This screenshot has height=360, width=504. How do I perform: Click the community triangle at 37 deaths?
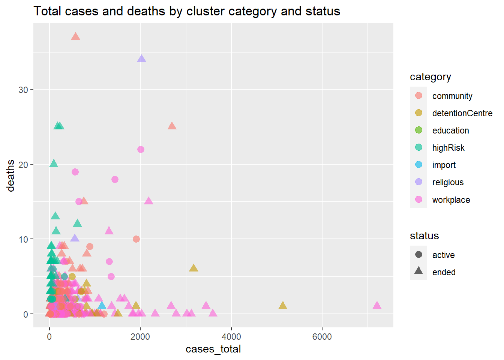point(76,36)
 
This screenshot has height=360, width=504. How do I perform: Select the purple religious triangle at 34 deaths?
point(141,59)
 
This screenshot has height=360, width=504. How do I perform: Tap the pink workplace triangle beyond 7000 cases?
point(377,306)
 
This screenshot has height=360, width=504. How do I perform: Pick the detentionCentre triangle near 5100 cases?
point(283,306)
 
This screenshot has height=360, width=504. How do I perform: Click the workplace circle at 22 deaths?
point(141,149)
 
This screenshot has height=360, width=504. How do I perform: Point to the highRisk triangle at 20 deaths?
point(54,163)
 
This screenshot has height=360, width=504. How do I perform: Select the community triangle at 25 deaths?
point(172,126)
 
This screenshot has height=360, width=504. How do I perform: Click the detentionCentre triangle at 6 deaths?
point(193,268)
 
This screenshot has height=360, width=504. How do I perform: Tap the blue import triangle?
point(102,306)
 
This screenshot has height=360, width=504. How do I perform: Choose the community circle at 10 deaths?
point(136,239)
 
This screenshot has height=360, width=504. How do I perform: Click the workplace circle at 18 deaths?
point(115,179)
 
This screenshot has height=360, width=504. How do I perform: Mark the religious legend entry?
point(448,182)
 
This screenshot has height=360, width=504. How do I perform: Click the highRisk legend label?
point(448,148)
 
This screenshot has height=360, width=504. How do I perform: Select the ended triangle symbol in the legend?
point(418,271)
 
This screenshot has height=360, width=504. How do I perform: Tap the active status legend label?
point(443,255)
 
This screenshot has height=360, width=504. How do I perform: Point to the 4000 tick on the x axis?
point(231,337)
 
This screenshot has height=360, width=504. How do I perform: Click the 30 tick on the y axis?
point(23,90)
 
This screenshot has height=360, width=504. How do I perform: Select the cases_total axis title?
point(213,349)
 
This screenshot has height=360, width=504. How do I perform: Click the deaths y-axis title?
point(10,175)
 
